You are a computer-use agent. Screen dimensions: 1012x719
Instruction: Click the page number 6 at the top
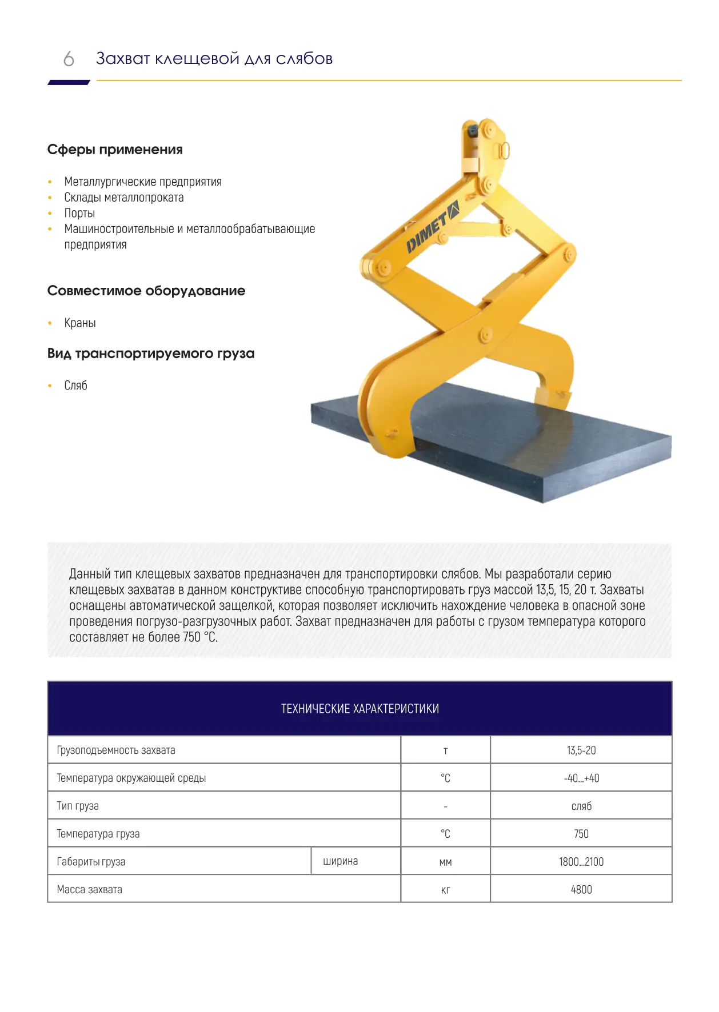[x=69, y=59]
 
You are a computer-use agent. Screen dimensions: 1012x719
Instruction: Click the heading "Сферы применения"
[x=115, y=150]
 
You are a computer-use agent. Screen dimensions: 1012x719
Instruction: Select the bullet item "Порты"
[x=79, y=213]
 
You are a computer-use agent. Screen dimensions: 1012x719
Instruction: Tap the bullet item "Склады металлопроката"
[x=123, y=198]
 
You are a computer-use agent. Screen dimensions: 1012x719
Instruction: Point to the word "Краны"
[x=80, y=323]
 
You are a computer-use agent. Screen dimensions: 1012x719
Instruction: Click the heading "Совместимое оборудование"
[x=146, y=291]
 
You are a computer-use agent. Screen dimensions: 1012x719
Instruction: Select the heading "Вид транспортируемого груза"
[x=151, y=354]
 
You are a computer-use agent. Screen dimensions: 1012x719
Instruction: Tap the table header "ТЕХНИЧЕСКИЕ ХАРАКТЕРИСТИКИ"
[x=359, y=709]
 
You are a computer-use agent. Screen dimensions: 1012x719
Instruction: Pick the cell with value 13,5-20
[x=581, y=750]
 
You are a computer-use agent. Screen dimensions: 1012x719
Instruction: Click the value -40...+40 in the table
[x=581, y=778]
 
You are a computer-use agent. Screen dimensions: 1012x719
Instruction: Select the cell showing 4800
[x=581, y=890]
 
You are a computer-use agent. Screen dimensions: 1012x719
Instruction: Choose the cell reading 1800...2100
[x=581, y=862]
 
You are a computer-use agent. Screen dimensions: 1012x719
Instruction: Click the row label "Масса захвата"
[x=90, y=890]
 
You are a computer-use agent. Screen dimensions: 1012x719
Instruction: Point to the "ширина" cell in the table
[x=340, y=861]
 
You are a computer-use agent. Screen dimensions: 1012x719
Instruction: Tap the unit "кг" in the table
[x=445, y=890]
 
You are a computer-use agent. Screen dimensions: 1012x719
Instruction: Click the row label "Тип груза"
[x=78, y=806]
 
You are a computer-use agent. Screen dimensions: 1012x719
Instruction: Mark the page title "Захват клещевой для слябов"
[x=214, y=59]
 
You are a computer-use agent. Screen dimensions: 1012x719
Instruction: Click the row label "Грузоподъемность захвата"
[x=116, y=750]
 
